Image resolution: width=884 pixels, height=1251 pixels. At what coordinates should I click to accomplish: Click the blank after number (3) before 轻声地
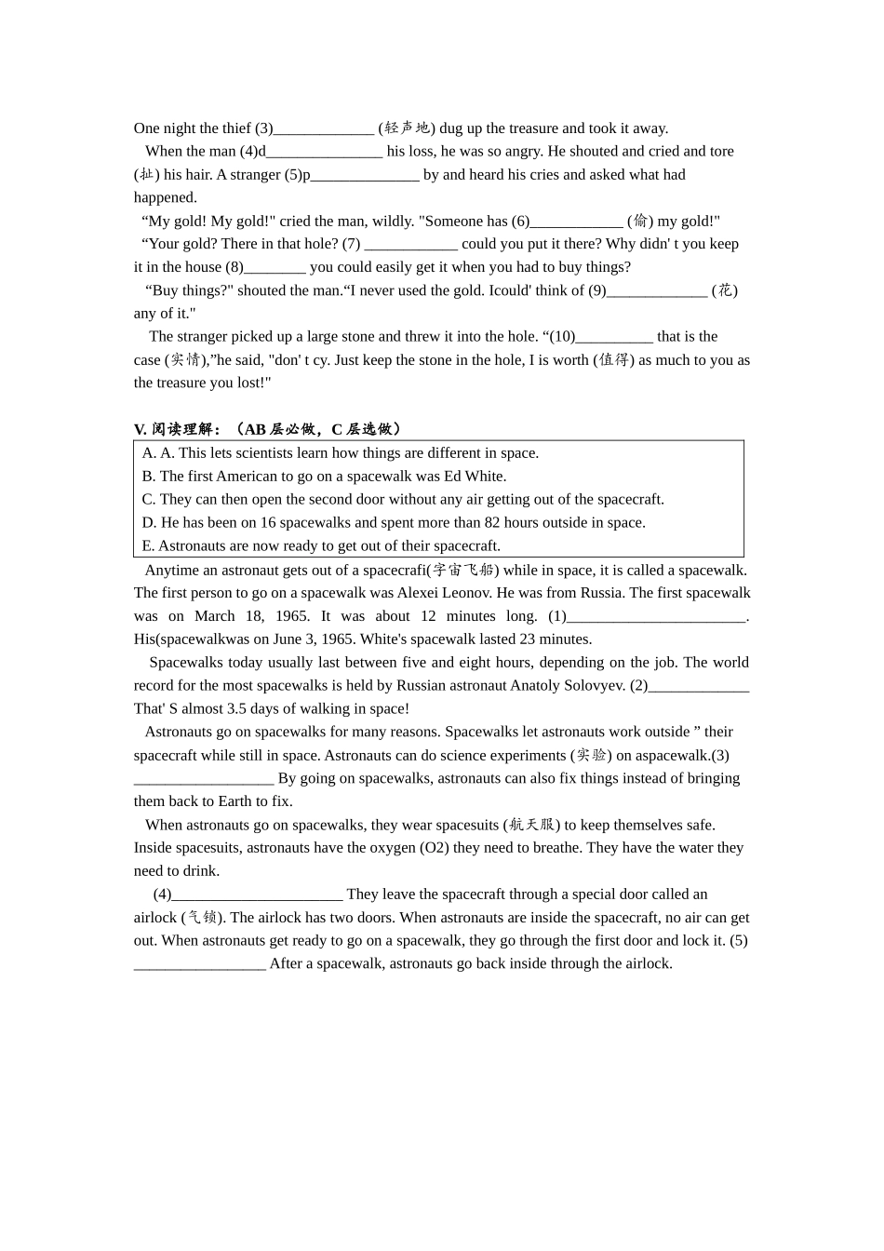pos(324,128)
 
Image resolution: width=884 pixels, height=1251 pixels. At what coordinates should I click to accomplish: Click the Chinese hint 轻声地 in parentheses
pos(407,128)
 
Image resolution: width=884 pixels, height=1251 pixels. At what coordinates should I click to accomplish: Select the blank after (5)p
pos(365,175)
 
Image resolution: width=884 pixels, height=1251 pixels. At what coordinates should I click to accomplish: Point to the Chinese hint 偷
pos(640,222)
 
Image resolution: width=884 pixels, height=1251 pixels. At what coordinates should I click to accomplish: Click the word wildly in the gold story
pos(392,222)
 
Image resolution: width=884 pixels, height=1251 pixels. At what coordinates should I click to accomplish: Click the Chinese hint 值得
pos(613,360)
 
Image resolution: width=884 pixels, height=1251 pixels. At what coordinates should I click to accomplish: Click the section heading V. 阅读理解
pos(178,429)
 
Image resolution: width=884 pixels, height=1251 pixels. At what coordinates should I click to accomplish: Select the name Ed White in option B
pos(475,477)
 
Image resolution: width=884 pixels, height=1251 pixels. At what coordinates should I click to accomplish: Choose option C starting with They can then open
pos(403,499)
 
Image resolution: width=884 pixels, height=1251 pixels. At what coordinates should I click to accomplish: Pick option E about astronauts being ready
pos(321,545)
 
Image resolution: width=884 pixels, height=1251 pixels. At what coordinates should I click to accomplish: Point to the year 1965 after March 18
pos(292,616)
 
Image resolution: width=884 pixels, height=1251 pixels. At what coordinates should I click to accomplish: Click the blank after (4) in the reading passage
pos(257,895)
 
